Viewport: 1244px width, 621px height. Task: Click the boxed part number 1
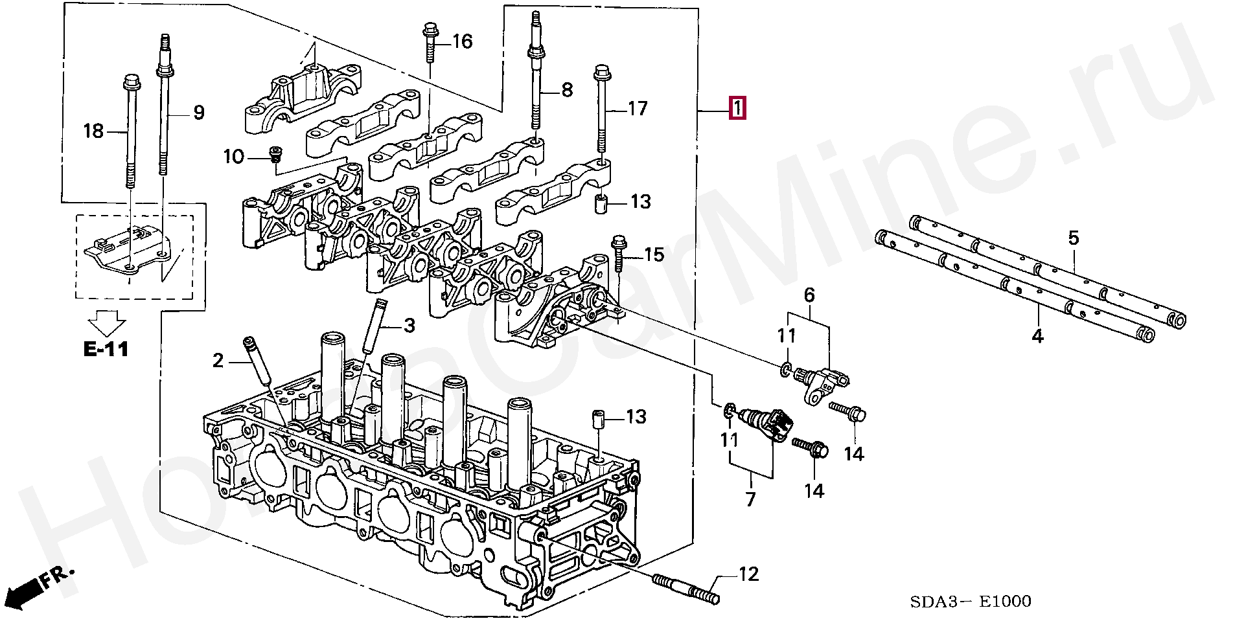coord(737,108)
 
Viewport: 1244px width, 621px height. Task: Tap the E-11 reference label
coord(106,350)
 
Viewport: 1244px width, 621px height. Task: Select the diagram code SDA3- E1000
coord(970,602)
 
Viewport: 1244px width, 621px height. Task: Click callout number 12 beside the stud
coord(748,574)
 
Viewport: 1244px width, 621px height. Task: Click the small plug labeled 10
coord(277,153)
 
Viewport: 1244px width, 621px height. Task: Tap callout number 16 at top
coord(461,42)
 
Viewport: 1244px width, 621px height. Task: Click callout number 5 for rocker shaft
coord(1074,238)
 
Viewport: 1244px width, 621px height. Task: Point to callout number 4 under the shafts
coord(1037,336)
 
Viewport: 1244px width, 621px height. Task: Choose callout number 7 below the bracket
coord(750,500)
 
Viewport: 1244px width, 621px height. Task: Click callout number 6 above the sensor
coord(809,296)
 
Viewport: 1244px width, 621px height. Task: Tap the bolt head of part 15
coord(617,243)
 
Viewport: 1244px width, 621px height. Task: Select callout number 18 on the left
coord(93,131)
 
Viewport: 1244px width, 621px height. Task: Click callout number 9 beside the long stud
coord(198,113)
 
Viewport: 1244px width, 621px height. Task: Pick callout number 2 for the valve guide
coord(218,361)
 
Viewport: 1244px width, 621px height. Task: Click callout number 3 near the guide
coord(408,325)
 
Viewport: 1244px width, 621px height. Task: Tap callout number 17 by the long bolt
coord(638,108)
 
